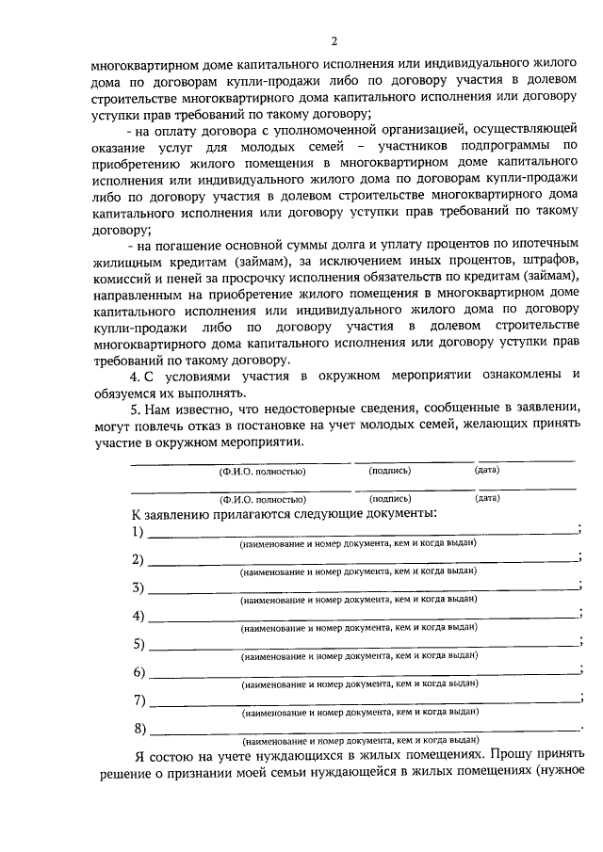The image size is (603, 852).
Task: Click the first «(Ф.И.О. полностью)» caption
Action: (x=261, y=471)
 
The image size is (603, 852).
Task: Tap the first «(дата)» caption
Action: (x=487, y=470)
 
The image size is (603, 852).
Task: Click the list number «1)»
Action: (x=139, y=532)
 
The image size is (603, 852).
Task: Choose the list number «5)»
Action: (x=139, y=644)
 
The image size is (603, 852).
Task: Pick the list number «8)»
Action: (x=139, y=729)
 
